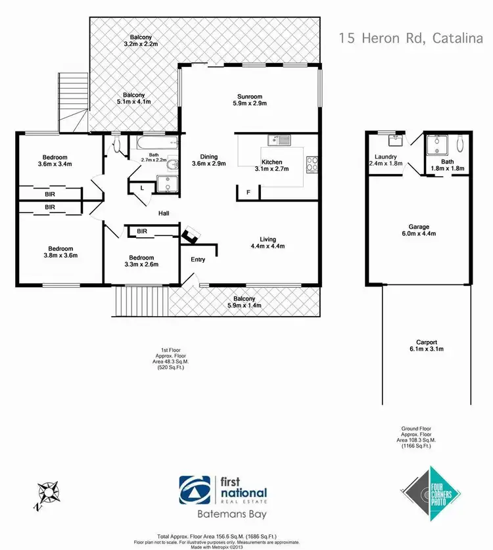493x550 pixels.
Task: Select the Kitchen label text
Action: point(272,166)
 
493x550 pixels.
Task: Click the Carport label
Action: point(427,346)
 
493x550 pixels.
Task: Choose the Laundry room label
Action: point(385,160)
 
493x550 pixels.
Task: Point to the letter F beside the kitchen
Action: point(248,192)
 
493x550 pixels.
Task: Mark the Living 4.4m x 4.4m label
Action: point(268,243)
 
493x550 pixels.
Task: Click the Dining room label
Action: point(209,160)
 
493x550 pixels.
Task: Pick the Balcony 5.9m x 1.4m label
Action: point(243,302)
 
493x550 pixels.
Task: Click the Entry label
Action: point(198,259)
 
